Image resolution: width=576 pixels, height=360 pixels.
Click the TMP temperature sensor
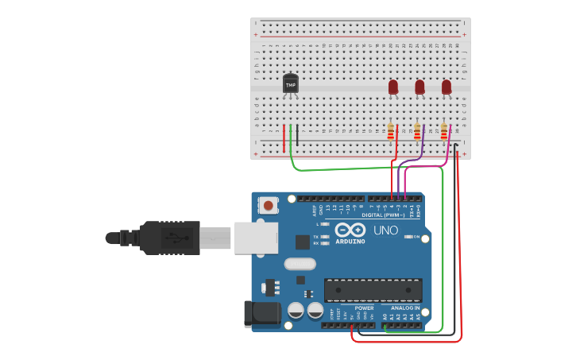click(291, 83)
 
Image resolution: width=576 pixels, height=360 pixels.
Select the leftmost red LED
click(393, 86)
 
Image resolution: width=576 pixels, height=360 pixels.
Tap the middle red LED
click(419, 86)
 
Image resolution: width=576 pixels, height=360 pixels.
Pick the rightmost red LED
click(446, 86)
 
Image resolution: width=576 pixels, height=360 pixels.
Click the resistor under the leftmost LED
click(391, 132)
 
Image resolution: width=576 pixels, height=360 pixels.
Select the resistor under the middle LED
click(417, 132)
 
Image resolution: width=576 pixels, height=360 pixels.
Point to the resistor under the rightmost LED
click(444, 132)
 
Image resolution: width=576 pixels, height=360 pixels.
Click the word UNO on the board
click(386, 230)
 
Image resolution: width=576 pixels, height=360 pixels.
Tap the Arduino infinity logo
click(350, 229)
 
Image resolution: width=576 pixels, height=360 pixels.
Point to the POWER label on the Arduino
click(364, 308)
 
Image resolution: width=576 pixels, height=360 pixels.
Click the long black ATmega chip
click(373, 290)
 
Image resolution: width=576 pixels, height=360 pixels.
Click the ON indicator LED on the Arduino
click(408, 237)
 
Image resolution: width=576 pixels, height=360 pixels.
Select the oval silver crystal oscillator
click(299, 265)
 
